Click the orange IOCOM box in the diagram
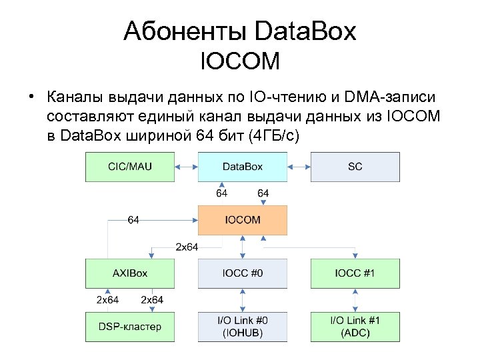[x=243, y=220]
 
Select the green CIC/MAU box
[x=129, y=167]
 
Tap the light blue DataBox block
[x=243, y=167]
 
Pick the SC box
[x=355, y=167]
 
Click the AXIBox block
[x=129, y=273]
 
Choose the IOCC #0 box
[x=243, y=273]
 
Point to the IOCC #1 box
[x=355, y=273]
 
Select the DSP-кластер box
[x=129, y=327]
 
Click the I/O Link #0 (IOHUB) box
[x=243, y=327]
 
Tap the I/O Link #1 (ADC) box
[x=355, y=327]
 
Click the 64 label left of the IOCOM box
[x=133, y=220]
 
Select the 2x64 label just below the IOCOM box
[x=187, y=247]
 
